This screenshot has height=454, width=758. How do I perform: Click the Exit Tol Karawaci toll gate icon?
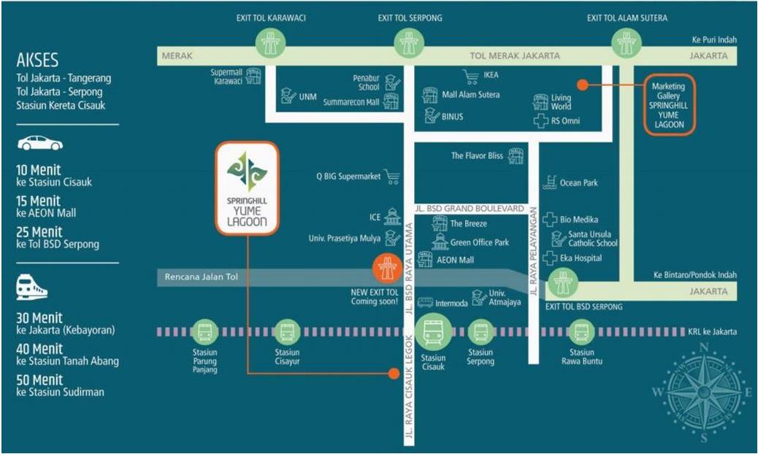coord(270,43)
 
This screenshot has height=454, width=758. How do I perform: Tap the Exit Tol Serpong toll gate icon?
coord(409,43)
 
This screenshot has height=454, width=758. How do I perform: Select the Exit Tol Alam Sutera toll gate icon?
coord(627,43)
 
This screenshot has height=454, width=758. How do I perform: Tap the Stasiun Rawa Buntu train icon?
coord(581,332)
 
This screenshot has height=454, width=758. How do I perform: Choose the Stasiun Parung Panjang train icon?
coord(204,332)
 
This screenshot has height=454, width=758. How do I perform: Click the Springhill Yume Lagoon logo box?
coord(248,188)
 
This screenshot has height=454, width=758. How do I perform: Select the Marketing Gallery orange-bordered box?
coord(669,105)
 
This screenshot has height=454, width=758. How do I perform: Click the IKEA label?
coord(491,75)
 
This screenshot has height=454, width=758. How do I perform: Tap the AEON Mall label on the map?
coord(455,260)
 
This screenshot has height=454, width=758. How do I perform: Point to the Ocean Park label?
coord(578,182)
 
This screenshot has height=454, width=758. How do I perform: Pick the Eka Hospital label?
coord(581,258)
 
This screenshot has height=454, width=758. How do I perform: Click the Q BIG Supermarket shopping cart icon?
coord(391,177)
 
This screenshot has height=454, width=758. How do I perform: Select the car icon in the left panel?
coord(40,143)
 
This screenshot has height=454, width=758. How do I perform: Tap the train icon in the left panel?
coord(32,287)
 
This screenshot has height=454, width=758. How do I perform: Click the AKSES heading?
coord(37,60)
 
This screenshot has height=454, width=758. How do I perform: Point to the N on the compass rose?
coord(705,347)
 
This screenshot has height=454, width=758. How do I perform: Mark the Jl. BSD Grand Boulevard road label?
coord(470,209)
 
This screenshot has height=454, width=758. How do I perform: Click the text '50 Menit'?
coord(39,380)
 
